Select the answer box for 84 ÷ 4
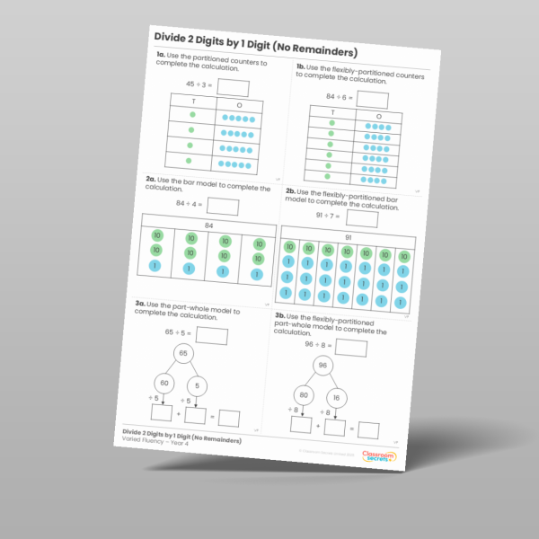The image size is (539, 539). point(223,207)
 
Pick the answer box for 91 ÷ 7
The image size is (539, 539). point(362,218)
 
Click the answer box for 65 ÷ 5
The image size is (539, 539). point(212,337)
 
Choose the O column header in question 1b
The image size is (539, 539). point(378,117)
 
